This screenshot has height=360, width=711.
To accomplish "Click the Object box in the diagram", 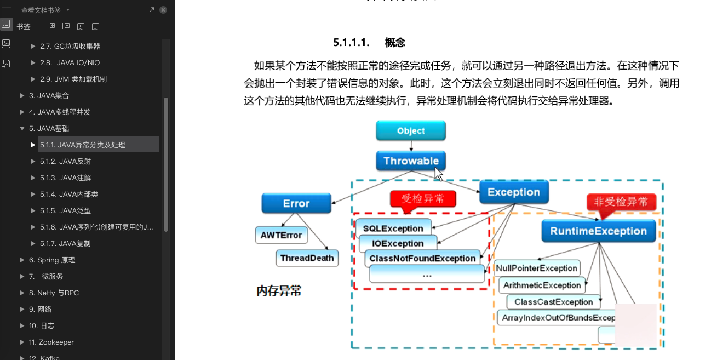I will click(x=411, y=131).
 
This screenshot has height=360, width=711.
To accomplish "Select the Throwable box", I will click(x=411, y=161).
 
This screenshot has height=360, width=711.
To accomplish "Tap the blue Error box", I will click(x=296, y=203).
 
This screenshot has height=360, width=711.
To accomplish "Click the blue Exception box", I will click(x=514, y=192).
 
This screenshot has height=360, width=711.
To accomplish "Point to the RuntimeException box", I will click(x=598, y=231).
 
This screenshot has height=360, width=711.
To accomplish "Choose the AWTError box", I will click(x=281, y=235).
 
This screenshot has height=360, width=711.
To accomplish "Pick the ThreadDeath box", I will click(x=307, y=258).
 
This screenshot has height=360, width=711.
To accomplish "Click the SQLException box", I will click(x=393, y=228).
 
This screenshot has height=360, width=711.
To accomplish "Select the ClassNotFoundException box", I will click(x=422, y=258).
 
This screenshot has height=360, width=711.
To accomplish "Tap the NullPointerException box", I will click(x=536, y=268).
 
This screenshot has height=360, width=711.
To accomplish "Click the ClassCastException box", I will click(x=553, y=302).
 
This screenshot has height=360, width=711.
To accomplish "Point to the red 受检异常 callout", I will click(x=423, y=198).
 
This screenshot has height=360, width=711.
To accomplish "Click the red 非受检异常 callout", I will click(x=621, y=202).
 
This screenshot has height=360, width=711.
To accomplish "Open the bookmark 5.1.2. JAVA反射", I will click(x=65, y=161).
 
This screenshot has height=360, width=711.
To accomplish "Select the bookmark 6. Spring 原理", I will click(x=52, y=260).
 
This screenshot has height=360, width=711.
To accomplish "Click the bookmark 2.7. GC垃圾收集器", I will click(x=70, y=46).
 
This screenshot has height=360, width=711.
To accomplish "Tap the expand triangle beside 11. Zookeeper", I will click(x=22, y=342).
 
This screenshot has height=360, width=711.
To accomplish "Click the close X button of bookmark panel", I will click(x=163, y=10).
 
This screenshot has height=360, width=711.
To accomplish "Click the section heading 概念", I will click(x=395, y=43).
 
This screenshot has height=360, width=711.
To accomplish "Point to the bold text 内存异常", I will click(x=279, y=291).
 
